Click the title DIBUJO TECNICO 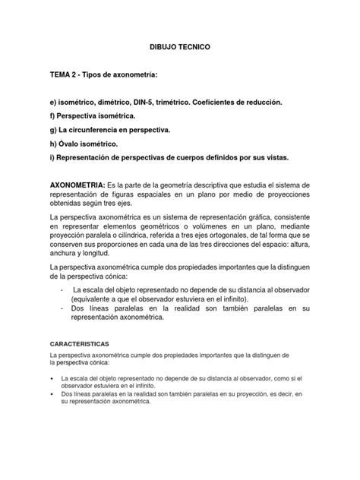(x=180, y=47)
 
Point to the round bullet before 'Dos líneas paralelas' (x=52, y=394)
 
